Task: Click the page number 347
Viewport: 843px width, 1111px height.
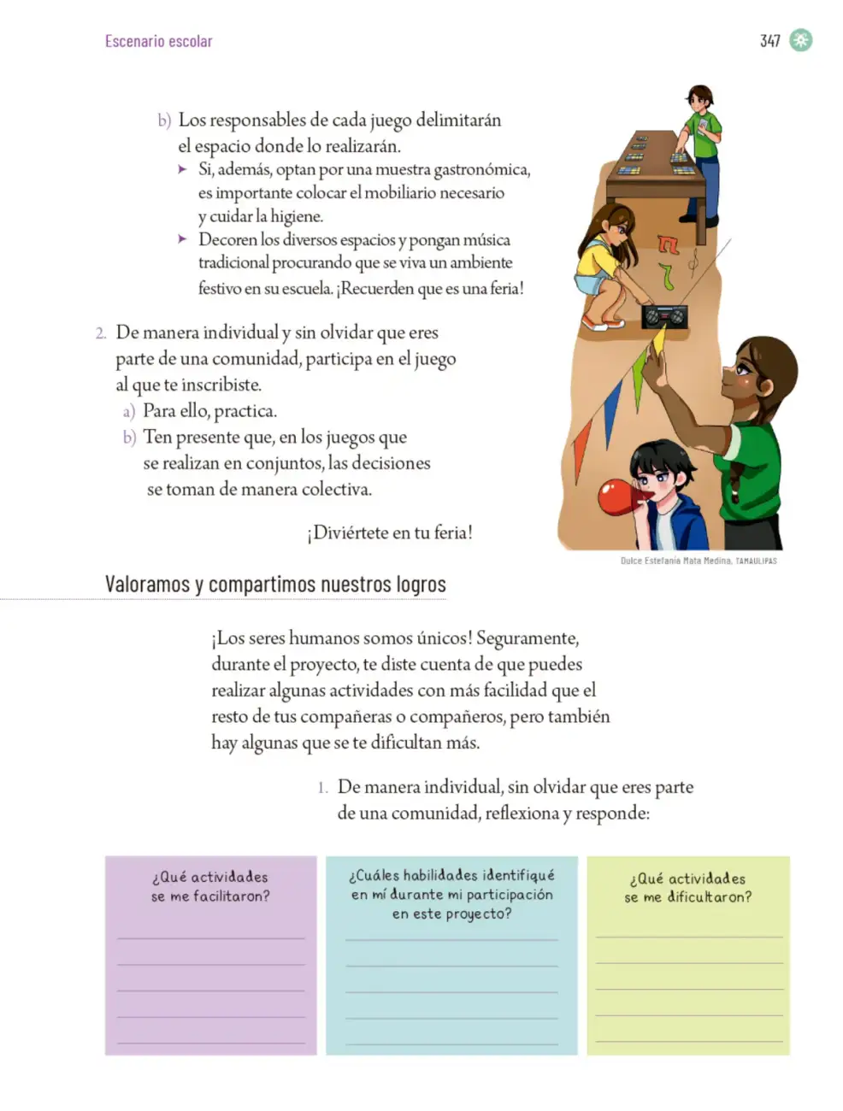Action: click(769, 40)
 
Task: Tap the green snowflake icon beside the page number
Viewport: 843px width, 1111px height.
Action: click(800, 40)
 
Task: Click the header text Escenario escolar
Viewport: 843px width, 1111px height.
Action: click(158, 41)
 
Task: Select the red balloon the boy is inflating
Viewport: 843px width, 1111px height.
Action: click(616, 497)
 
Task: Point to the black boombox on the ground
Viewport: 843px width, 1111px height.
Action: click(664, 317)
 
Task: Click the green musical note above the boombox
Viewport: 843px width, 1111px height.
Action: click(666, 276)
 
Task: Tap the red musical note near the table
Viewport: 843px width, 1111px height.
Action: click(668, 244)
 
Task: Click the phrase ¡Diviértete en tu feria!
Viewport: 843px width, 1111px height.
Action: click(389, 532)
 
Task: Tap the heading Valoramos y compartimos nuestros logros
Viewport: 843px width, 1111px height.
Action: click(275, 584)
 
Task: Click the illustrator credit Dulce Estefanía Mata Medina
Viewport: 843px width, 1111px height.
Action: click(676, 561)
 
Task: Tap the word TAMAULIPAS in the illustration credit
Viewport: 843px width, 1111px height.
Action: click(756, 561)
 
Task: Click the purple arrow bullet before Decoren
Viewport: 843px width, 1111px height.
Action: click(183, 239)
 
